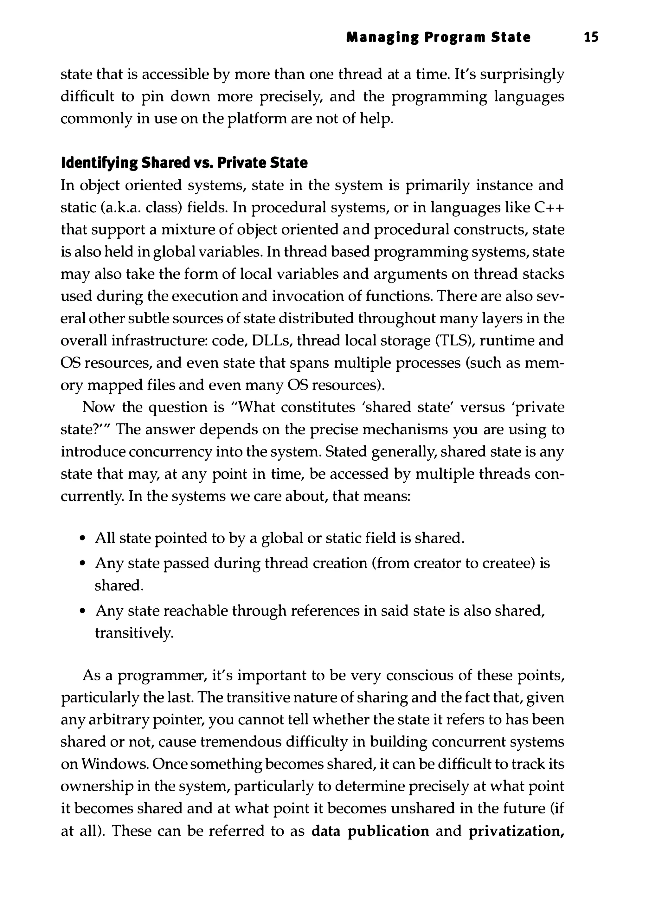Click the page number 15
(x=591, y=37)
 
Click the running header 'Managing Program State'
(x=438, y=37)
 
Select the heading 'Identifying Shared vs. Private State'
(x=184, y=163)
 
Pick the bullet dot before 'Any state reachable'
(x=82, y=612)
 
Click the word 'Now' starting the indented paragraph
(x=97, y=407)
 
